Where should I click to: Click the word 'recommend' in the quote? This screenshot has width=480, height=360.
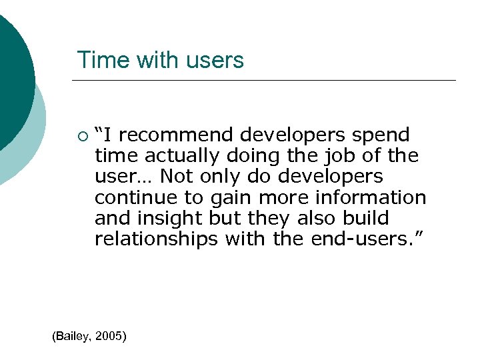[178, 135]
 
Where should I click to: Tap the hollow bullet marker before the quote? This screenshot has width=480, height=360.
[81, 137]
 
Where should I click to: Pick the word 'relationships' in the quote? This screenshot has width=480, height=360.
[156, 239]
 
